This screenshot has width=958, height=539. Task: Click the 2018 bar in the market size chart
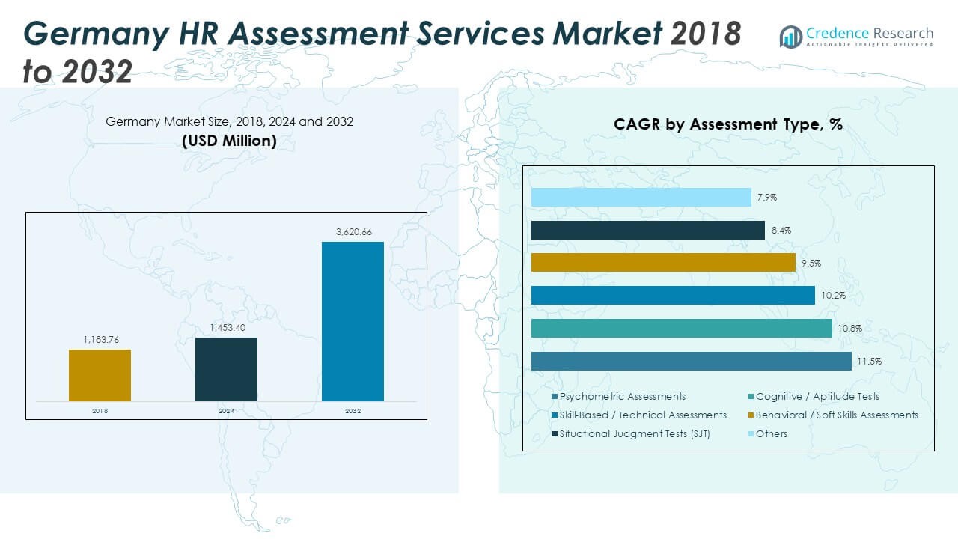tap(100, 375)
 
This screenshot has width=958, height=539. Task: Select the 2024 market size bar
tap(226, 369)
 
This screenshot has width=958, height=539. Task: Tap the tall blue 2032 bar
tap(353, 321)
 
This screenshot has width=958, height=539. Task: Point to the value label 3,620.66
tap(353, 232)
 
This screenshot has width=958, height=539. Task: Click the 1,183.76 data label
tap(100, 340)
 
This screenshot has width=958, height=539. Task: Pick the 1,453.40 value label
tap(226, 328)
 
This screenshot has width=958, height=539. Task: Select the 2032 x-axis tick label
tap(353, 411)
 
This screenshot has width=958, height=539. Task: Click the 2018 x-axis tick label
tap(100, 411)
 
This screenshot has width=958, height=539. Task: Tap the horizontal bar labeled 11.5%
tap(691, 361)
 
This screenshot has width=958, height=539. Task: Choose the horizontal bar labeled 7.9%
tap(641, 197)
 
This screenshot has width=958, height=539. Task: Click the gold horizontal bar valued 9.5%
tap(662, 262)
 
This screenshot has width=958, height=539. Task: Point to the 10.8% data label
tap(850, 329)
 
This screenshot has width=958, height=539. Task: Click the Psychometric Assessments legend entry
tap(622, 396)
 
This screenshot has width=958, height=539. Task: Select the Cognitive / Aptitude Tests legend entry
tap(817, 396)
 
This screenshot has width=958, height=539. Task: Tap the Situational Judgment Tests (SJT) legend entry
tap(634, 433)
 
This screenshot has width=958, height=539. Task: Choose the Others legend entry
tap(771, 433)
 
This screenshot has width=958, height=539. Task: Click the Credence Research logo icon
tap(790, 37)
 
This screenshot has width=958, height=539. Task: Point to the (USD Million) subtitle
tap(229, 140)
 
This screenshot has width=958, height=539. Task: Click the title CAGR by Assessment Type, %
tap(728, 124)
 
